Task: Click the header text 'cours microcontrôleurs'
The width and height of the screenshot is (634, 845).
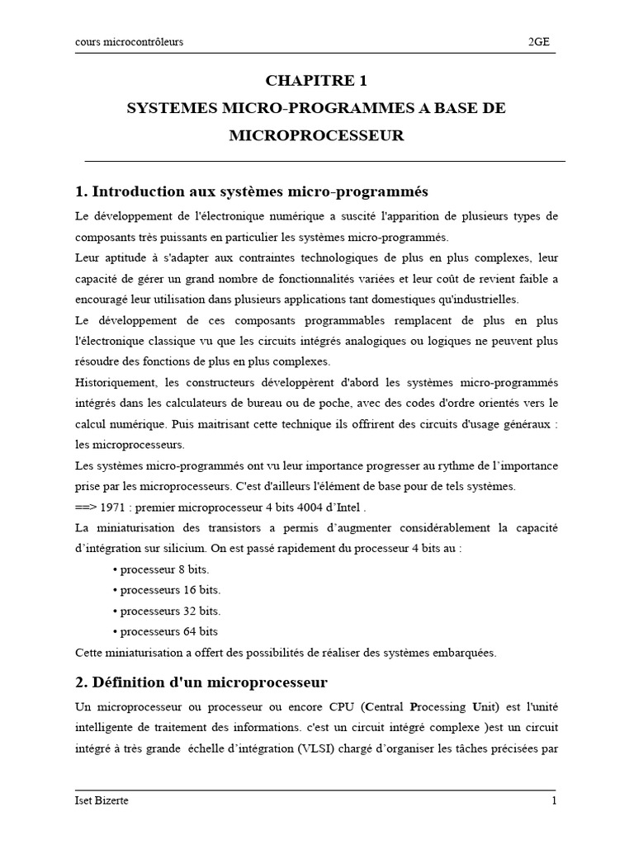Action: tap(129, 42)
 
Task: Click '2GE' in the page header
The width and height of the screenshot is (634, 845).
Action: tap(543, 42)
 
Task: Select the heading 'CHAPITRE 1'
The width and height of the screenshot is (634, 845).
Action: tap(316, 81)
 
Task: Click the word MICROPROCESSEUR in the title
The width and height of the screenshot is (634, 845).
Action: tap(316, 136)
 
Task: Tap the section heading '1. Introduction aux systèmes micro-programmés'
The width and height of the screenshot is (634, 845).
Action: tap(251, 191)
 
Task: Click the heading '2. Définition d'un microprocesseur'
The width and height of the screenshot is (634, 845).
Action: tap(201, 682)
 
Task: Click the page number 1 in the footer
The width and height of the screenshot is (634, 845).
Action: tap(555, 801)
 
